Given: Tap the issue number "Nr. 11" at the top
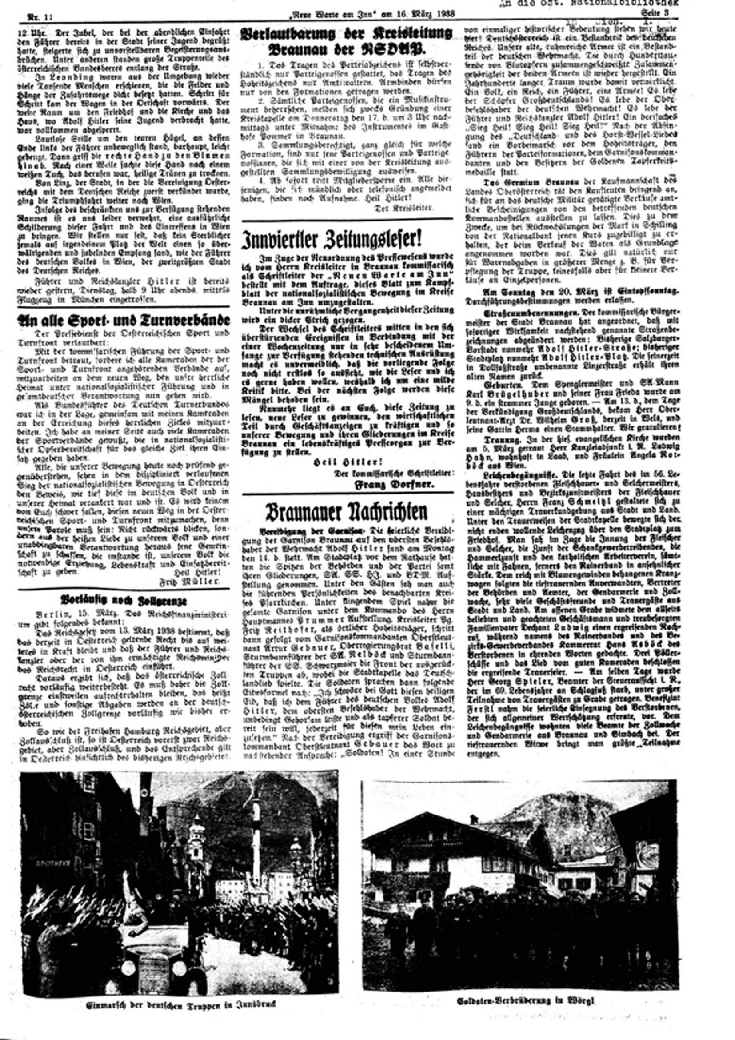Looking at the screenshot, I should click(x=40, y=18).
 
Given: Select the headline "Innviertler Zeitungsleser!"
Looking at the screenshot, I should click(x=332, y=239).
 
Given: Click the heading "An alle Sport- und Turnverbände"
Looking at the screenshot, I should click(x=124, y=320).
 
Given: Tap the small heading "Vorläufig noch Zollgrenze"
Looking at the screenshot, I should click(x=124, y=601).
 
